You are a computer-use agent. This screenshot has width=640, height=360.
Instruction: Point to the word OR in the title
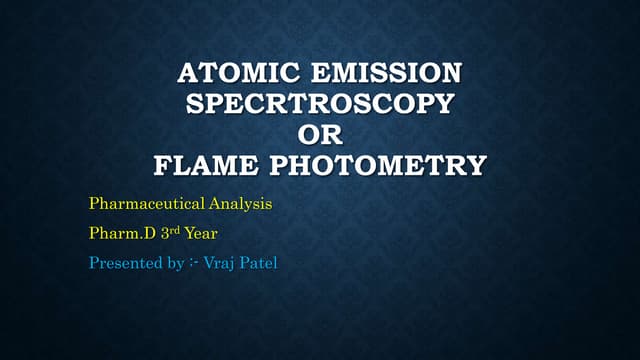point(319,134)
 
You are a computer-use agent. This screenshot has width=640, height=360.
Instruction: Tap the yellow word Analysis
point(239,204)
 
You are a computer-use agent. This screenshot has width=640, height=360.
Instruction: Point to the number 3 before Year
point(164,235)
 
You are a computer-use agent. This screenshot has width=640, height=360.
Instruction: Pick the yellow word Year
point(201,235)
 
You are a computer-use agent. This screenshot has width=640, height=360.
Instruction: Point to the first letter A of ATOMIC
point(187,73)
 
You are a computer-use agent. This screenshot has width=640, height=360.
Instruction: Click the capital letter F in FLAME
point(162,164)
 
